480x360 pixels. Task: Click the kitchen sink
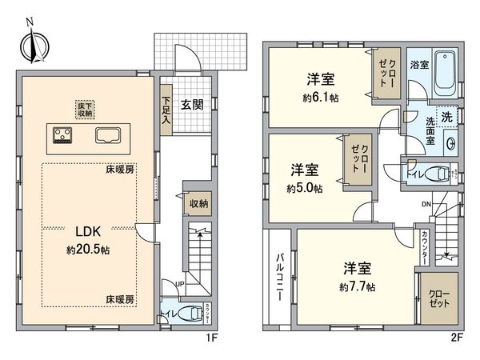tap(110, 135)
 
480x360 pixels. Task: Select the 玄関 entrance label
tap(191, 104)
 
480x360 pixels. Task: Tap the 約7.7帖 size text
tap(355, 286)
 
